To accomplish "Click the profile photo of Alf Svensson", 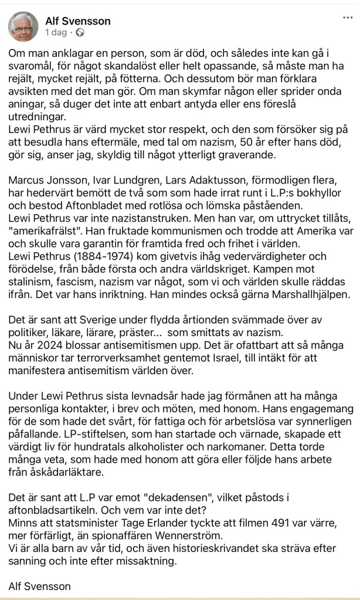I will pos(23,25).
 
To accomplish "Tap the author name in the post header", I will pos(78,21).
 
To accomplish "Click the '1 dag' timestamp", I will pos(56,32).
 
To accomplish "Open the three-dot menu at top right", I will pos(347,18).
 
